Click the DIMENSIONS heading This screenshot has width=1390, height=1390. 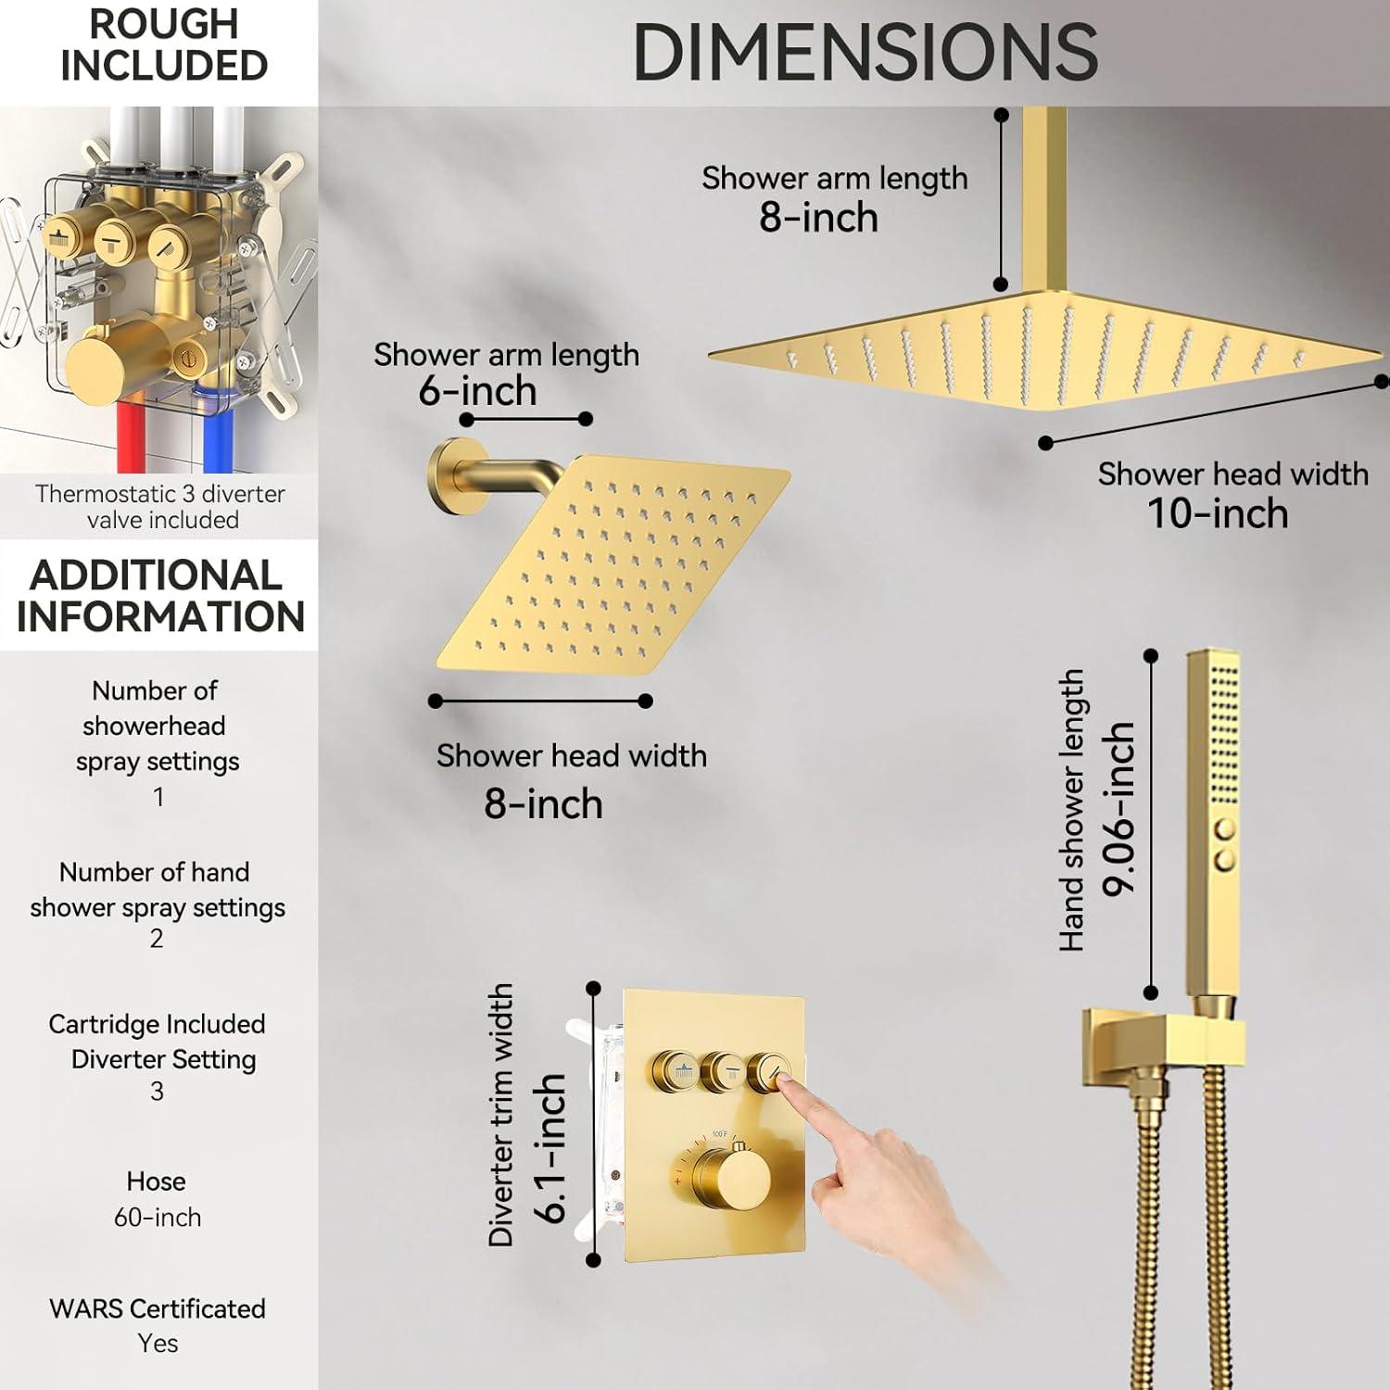tap(866, 52)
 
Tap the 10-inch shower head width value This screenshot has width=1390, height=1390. tap(1218, 513)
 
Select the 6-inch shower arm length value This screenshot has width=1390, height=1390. tap(477, 391)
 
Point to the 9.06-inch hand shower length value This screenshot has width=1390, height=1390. tap(1118, 809)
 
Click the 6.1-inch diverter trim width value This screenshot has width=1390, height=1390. tap(550, 1148)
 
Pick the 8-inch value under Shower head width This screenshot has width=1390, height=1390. tap(543, 803)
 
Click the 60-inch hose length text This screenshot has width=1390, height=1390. tap(158, 1217)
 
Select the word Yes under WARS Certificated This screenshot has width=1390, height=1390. tap(158, 1343)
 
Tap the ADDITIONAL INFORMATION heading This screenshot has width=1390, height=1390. tap(159, 595)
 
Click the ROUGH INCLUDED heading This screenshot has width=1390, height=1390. tap(163, 44)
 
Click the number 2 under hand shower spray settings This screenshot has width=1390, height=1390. tap(157, 939)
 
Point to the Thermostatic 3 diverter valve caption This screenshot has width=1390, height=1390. tap(160, 507)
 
